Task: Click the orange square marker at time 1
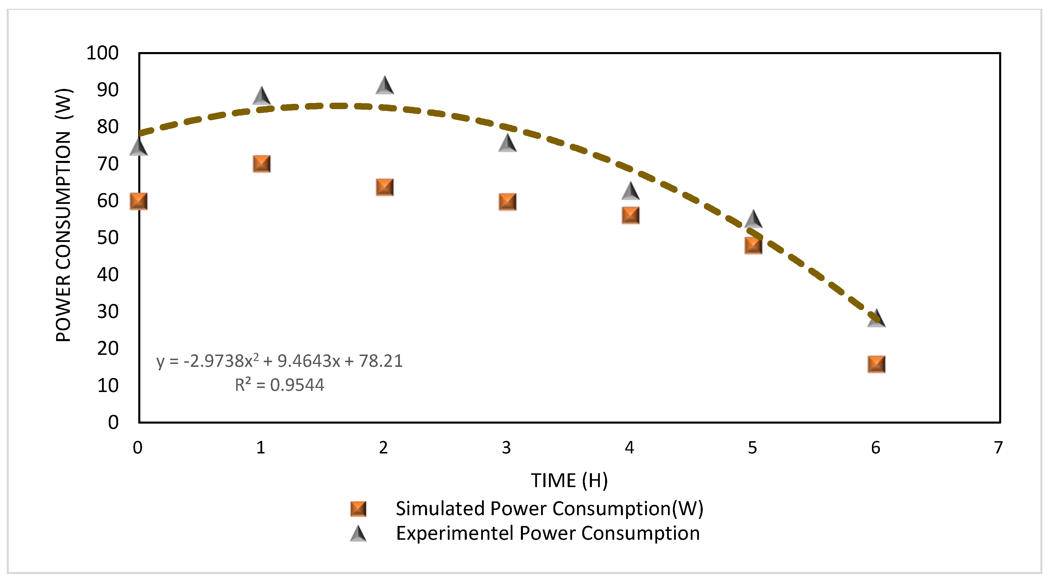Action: [261, 164]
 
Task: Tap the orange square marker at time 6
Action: [876, 364]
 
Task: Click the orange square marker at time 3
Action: [507, 202]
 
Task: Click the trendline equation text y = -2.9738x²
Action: [279, 361]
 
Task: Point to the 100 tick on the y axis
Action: [102, 53]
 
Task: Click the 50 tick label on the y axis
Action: [108, 238]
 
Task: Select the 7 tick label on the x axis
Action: [998, 448]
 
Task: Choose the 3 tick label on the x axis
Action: [506, 448]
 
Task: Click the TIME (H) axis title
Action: [569, 480]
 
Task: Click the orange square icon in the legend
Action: [358, 509]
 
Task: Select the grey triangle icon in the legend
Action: [358, 534]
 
